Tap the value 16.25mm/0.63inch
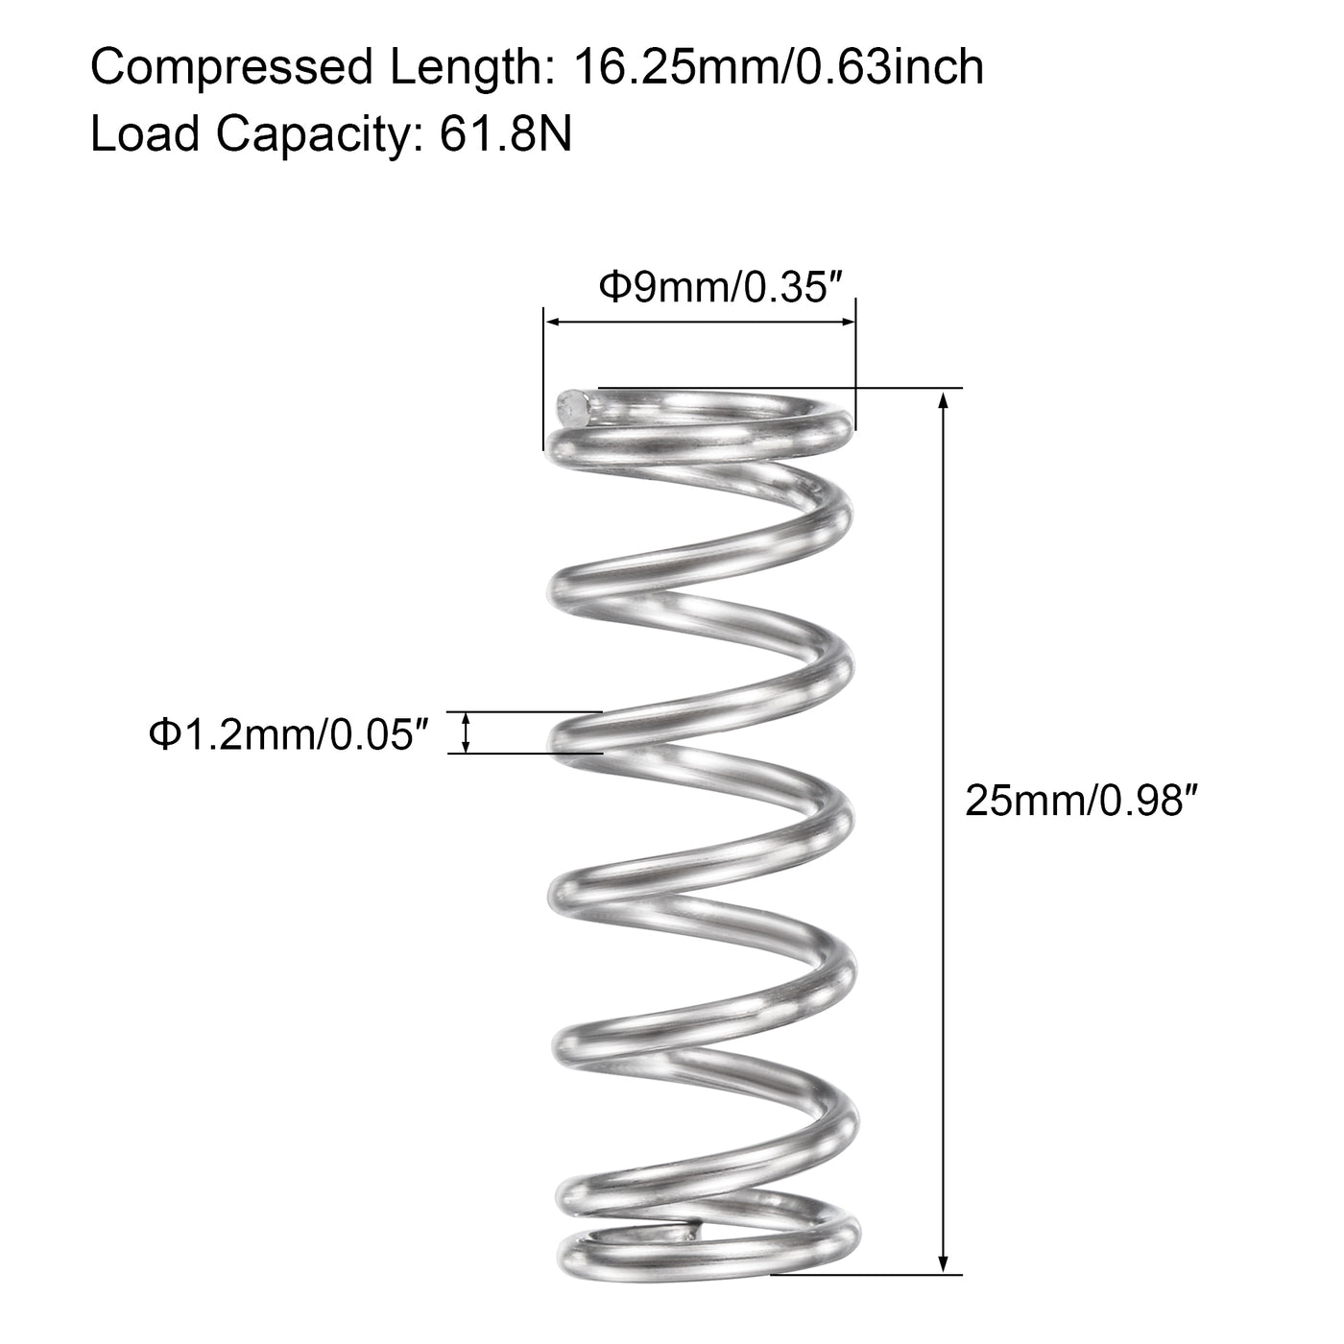coord(779,69)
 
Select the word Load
coord(145,134)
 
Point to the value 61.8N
coord(506,134)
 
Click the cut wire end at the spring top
coord(573,407)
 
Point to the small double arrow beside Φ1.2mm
coord(468,733)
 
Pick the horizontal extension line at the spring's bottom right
coord(864,1275)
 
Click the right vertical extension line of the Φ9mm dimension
coord(855,365)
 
